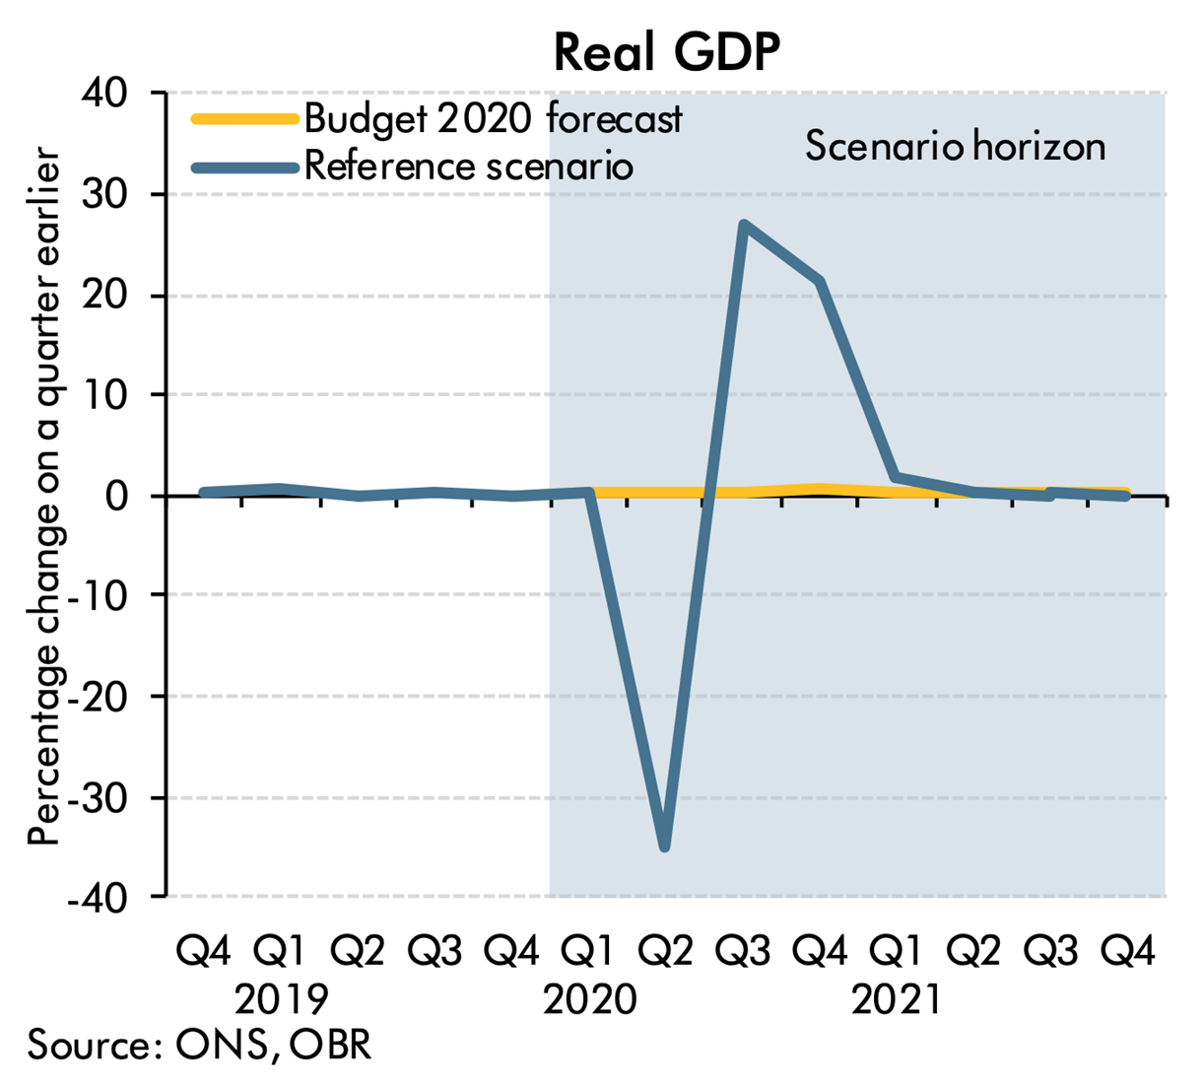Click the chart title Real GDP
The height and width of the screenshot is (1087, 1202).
pos(667,52)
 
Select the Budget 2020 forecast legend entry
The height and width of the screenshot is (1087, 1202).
pos(493,118)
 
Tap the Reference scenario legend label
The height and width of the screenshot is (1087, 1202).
pos(468,166)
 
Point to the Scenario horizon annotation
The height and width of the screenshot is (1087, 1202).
pos(955,146)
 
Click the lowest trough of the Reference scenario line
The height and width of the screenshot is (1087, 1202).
pos(665,846)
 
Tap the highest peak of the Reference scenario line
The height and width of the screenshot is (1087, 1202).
pos(743,225)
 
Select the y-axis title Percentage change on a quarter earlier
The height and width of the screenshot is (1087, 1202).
pos(44,498)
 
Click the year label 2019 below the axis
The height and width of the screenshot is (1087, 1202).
pos(282,1000)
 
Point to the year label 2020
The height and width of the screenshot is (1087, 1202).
pos(590,1000)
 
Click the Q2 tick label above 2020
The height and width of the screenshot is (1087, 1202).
pos(666,952)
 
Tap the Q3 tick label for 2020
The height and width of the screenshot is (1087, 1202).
pos(743,952)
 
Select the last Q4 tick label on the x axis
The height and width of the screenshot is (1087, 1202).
pos(1128,952)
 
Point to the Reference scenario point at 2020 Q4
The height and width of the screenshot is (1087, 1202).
pos(820,282)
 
